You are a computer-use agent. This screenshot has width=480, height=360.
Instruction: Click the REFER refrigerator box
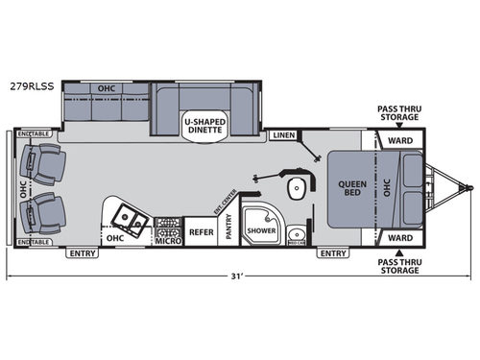pos(201,231)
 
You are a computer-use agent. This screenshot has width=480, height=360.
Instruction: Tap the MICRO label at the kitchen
pos(169,240)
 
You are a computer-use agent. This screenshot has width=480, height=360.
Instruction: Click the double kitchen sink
pos(130,222)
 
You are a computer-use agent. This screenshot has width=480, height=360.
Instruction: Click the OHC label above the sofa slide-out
pos(106,88)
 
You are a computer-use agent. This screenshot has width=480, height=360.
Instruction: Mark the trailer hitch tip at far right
pos(470,187)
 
